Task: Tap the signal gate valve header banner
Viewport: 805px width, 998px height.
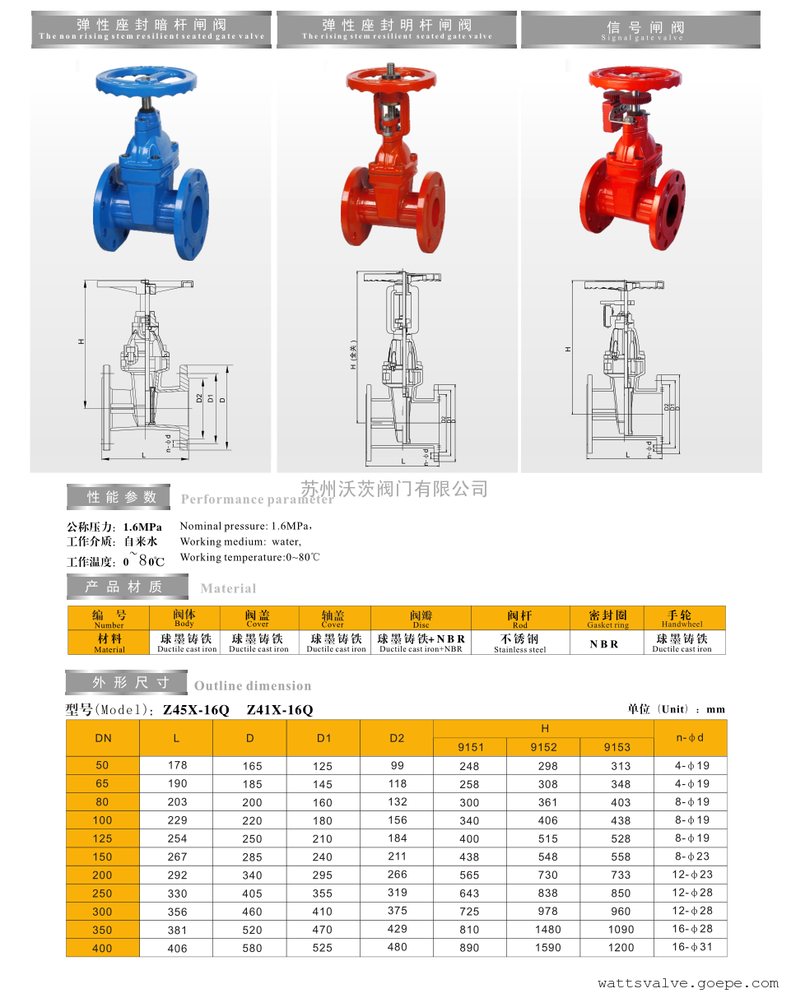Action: click(642, 30)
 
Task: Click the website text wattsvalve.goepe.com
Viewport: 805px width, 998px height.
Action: click(688, 983)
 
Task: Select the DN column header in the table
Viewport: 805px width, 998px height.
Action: click(103, 738)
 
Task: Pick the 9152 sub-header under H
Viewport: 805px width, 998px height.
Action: click(543, 747)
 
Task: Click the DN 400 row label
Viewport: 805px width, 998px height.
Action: click(102, 948)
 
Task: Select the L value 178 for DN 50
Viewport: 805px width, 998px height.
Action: click(177, 765)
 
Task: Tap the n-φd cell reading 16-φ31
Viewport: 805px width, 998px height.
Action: click(691, 948)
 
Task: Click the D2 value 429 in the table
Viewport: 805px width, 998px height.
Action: click(397, 929)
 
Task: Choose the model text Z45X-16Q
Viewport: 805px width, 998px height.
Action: click(196, 710)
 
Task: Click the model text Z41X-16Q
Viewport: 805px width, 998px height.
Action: click(280, 710)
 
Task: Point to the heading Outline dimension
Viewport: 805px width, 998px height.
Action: click(253, 686)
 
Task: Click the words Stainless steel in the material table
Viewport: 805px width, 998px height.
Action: click(519, 650)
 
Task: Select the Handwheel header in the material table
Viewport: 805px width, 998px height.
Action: click(682, 619)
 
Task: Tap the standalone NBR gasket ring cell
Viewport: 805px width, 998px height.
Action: click(604, 644)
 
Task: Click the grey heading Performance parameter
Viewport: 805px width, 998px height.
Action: click(257, 499)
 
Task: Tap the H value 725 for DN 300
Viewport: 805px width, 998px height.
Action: click(469, 912)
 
